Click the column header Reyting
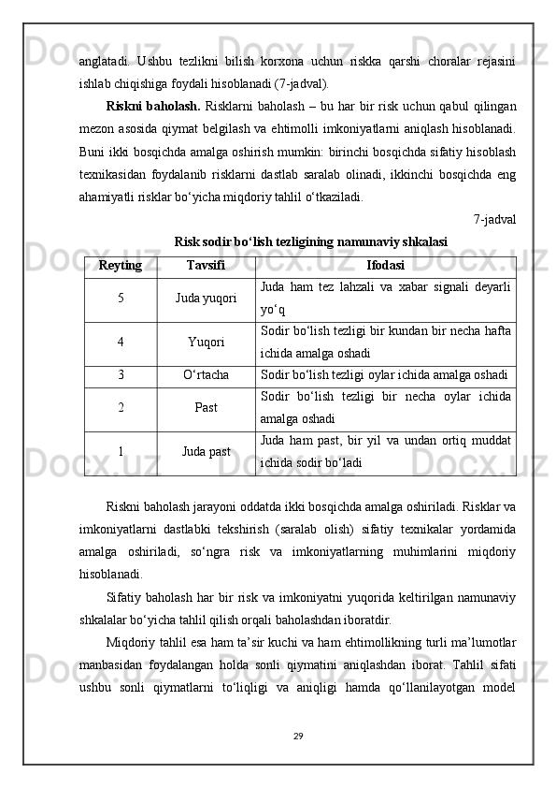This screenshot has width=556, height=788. pyautogui.click(x=121, y=266)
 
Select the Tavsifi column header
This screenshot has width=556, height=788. pyautogui.click(x=206, y=266)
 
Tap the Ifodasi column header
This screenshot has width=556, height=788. pyautogui.click(x=385, y=266)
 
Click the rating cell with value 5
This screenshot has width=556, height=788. pyautogui.click(x=121, y=298)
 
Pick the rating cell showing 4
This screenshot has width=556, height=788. pyautogui.click(x=121, y=342)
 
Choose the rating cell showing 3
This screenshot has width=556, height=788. pyautogui.click(x=121, y=374)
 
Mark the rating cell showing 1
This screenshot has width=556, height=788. pyautogui.click(x=121, y=452)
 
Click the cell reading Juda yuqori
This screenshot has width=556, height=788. pyautogui.click(x=206, y=298)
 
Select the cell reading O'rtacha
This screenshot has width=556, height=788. pyautogui.click(x=206, y=374)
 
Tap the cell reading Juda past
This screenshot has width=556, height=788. pyautogui.click(x=206, y=452)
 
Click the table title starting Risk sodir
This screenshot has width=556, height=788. pyautogui.click(x=310, y=241)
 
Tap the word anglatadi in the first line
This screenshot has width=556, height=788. pyautogui.click(x=104, y=61)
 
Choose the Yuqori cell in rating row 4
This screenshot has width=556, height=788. pyautogui.click(x=206, y=342)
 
